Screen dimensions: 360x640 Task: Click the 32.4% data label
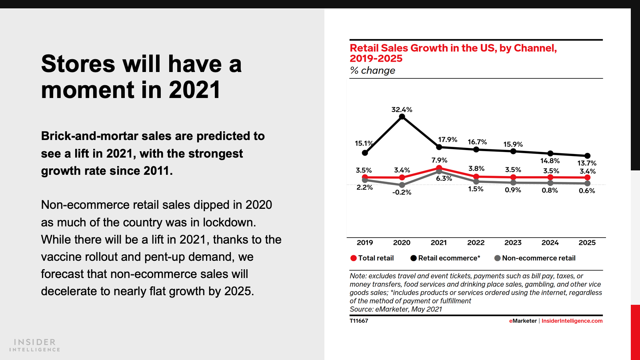402,110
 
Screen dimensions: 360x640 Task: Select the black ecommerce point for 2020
402,117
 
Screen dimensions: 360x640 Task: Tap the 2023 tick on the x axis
513,243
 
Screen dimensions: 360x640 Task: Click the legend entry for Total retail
372,258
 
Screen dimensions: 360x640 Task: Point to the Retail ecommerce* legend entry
445,258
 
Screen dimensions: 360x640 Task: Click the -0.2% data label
402,192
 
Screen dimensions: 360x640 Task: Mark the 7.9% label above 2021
439,160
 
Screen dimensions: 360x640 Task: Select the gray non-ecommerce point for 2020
402,185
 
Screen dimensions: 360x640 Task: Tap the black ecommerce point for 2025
587,156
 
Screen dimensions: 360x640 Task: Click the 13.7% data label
587,163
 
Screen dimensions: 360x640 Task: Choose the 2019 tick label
365,243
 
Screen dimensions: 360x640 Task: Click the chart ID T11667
359,321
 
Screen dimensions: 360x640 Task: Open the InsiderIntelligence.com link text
572,321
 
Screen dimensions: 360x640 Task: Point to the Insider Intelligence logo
35,345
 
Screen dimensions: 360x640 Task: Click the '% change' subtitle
372,71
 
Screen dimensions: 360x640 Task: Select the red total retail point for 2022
476,176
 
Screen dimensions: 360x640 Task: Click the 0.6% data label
587,191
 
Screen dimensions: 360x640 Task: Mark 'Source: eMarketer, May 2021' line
396,309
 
